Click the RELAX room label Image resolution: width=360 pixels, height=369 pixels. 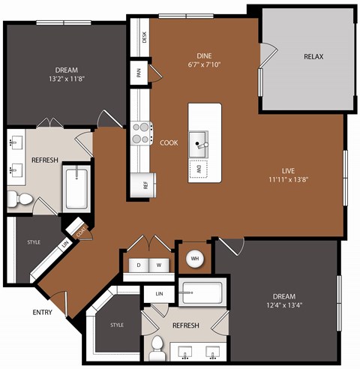pos(313,57)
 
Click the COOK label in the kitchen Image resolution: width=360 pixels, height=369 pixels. pos(168,142)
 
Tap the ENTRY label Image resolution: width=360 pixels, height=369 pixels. pos(42,312)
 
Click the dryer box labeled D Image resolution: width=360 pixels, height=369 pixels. pos(138,265)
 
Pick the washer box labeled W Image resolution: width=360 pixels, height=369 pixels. pos(159,265)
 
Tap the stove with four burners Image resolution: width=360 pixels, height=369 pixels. pos(141,133)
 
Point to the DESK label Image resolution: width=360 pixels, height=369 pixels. pos(144,34)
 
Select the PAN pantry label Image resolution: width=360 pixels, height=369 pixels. pos(139,73)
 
